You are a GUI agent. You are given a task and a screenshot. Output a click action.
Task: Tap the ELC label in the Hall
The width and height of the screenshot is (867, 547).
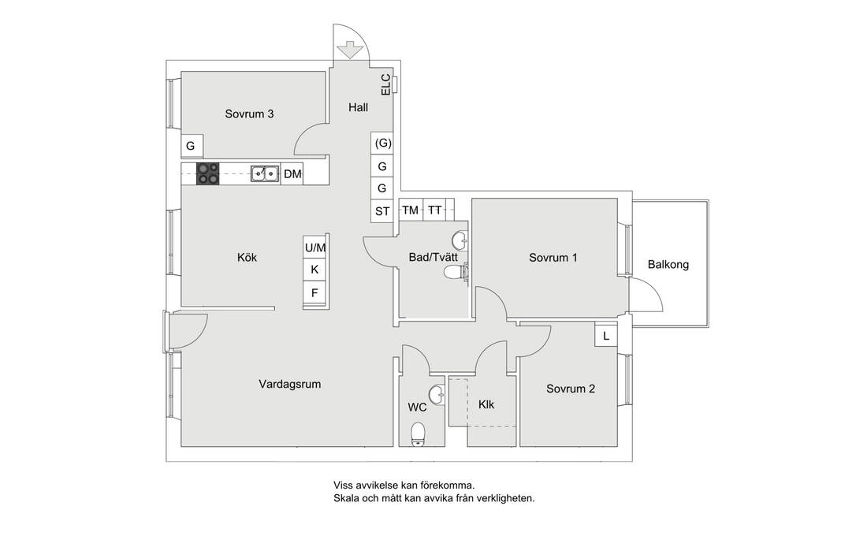(x=385, y=84)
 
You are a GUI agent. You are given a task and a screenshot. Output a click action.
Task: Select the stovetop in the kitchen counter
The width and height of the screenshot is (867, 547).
(x=207, y=173)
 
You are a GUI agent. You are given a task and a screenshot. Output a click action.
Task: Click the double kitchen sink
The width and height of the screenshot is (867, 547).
(x=264, y=173)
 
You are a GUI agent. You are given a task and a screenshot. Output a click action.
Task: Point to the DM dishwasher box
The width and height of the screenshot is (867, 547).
(x=292, y=174)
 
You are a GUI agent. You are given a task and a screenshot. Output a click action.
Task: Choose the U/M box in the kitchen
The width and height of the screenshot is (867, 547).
(x=314, y=247)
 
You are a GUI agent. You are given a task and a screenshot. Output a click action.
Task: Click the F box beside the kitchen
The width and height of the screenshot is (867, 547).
(x=314, y=293)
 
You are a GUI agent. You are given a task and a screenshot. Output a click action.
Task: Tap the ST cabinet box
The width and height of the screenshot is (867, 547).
(x=382, y=210)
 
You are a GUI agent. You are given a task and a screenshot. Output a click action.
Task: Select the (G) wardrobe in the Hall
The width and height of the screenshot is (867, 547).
(x=382, y=143)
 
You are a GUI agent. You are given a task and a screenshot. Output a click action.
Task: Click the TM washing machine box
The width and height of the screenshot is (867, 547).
(x=410, y=210)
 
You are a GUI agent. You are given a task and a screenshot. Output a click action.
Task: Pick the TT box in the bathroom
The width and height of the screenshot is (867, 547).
(x=435, y=210)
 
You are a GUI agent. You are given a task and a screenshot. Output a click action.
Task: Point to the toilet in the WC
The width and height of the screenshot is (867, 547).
(x=418, y=433)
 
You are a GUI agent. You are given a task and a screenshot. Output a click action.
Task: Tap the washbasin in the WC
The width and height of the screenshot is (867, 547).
(x=436, y=393)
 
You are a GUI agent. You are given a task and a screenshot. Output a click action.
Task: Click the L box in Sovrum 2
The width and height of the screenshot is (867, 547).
(x=606, y=336)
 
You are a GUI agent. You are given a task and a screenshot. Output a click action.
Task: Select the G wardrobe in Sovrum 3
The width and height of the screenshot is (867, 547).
(x=190, y=146)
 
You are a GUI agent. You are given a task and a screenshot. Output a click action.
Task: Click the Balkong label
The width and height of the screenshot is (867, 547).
(x=668, y=265)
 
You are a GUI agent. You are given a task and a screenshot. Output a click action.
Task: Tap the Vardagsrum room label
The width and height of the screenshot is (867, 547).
(x=290, y=385)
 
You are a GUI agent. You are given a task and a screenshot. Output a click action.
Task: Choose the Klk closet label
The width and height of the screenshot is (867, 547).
(x=486, y=404)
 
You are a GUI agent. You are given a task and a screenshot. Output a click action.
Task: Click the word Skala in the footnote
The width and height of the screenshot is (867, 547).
(x=346, y=498)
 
